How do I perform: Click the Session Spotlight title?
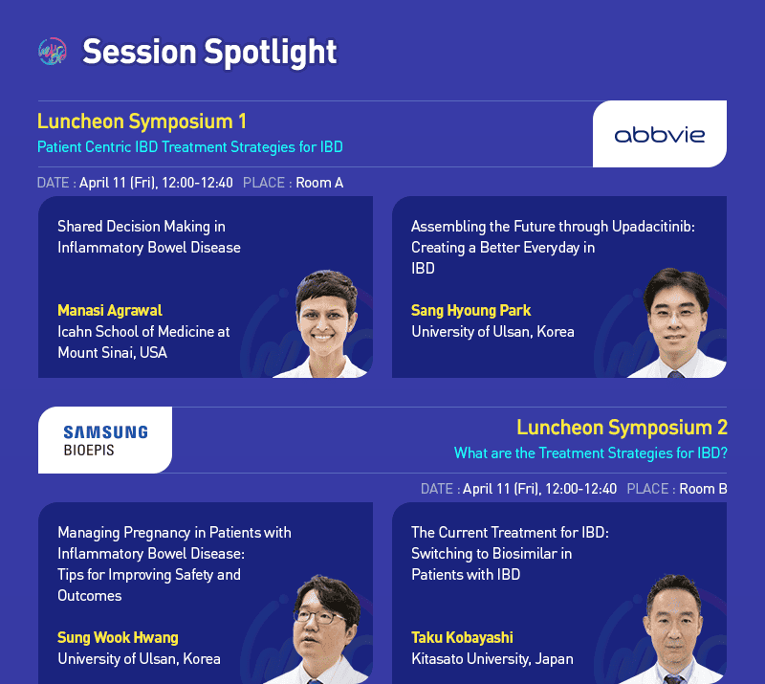click(209, 52)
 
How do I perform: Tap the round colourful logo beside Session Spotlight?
click(53, 52)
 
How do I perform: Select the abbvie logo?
click(659, 135)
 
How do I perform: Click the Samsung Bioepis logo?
click(105, 440)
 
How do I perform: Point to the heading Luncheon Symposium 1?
click(142, 121)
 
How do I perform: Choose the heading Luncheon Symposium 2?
click(623, 428)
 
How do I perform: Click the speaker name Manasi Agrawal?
click(110, 311)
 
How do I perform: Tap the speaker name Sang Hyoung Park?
click(470, 311)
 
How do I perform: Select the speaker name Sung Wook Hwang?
click(118, 638)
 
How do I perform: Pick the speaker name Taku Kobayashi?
click(462, 638)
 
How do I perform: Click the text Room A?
click(319, 183)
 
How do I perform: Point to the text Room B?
click(703, 489)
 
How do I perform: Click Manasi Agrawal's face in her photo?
click(322, 319)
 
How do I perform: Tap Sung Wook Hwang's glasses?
click(318, 617)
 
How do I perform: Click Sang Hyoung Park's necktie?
click(675, 374)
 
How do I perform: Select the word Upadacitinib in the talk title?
click(653, 227)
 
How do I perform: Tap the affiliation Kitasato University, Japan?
click(492, 659)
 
